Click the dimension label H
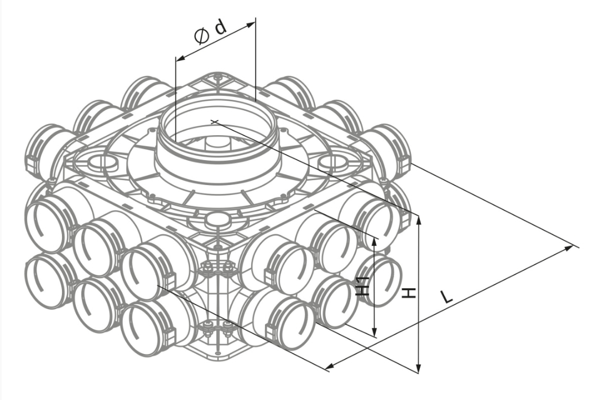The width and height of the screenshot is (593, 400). point(408,293)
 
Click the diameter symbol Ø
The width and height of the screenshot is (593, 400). point(201,37)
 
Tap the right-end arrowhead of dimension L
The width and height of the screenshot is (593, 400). point(569,248)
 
